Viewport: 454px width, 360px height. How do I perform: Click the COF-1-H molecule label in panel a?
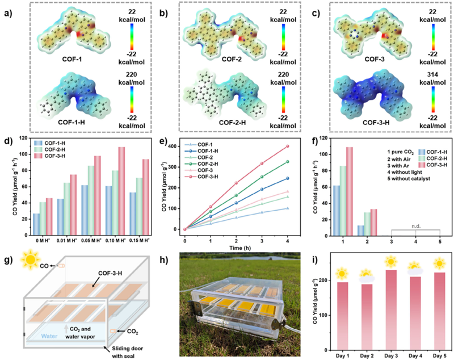pos(72,122)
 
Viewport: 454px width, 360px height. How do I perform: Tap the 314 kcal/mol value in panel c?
pos(432,78)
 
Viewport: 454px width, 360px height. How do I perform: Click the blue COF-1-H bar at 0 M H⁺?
pos(36,224)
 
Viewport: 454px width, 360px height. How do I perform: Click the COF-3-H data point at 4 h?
pos(288,146)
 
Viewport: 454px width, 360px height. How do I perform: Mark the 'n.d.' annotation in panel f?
pos(416,226)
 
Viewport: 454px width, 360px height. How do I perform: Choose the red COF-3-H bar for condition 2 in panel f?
pos(373,223)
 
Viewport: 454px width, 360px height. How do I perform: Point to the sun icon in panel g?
pos(30,260)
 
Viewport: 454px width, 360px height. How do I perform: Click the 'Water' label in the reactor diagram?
pos(49,336)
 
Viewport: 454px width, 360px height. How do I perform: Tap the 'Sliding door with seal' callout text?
pos(127,352)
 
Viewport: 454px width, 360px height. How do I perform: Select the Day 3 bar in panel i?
pos(391,310)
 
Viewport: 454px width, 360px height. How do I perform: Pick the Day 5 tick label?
pos(439,355)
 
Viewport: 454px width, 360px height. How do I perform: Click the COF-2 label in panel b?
pos(232,59)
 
